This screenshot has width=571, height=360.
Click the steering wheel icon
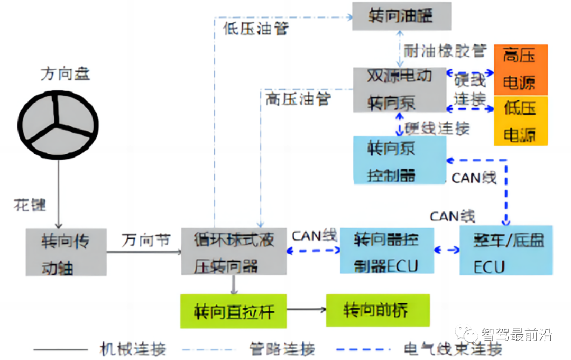58,125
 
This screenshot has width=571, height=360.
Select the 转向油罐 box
402,16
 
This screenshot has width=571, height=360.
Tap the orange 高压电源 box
520,70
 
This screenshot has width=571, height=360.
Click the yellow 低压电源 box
520,121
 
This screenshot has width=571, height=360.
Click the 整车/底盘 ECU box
505,250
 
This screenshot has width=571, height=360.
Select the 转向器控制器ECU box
386,251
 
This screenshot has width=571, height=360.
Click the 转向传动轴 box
66,252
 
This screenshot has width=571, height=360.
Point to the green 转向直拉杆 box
233,311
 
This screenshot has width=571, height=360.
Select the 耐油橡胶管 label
445,51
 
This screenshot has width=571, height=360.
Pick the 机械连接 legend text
133,349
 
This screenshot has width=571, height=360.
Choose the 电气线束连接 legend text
452,349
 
